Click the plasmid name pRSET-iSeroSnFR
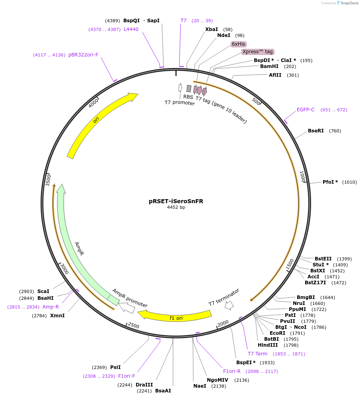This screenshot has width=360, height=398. tap(176, 201)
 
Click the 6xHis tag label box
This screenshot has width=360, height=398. tap(238, 44)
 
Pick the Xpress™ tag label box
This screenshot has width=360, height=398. tap(258, 52)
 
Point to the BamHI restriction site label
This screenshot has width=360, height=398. tap(269, 66)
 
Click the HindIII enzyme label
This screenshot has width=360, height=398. tap(268, 345)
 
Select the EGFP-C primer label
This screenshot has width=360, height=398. tap(306, 110)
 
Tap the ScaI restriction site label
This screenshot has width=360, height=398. tap(43, 291)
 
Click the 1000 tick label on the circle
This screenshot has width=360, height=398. tap(303, 177)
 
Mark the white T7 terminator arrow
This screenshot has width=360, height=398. tap(229, 305)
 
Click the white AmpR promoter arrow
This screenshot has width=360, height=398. tap(127, 307)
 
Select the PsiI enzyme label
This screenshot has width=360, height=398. tap(115, 367)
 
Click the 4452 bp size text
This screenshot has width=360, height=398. tap(176, 207)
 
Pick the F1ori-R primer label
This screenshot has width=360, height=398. tap(232, 371)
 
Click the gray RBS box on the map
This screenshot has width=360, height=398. tap(189, 89)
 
